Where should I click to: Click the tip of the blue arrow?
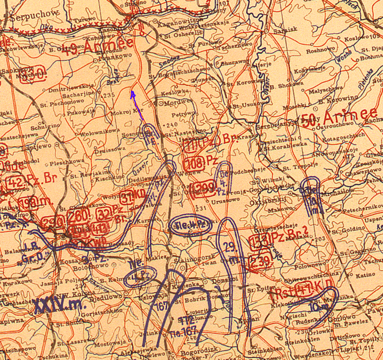tap(132, 92)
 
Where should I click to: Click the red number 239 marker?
tap(260, 261)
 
